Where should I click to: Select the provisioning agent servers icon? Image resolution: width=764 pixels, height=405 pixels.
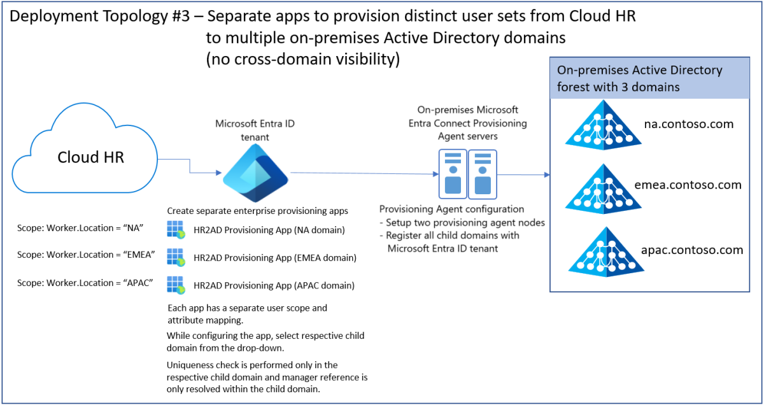click(467, 173)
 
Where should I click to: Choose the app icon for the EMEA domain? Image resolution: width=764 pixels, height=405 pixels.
click(176, 257)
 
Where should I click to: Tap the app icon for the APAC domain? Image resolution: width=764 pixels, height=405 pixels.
click(176, 285)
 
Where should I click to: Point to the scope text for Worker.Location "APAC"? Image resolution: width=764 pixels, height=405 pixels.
click(85, 282)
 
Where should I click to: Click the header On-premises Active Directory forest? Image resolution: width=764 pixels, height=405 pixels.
click(639, 78)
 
